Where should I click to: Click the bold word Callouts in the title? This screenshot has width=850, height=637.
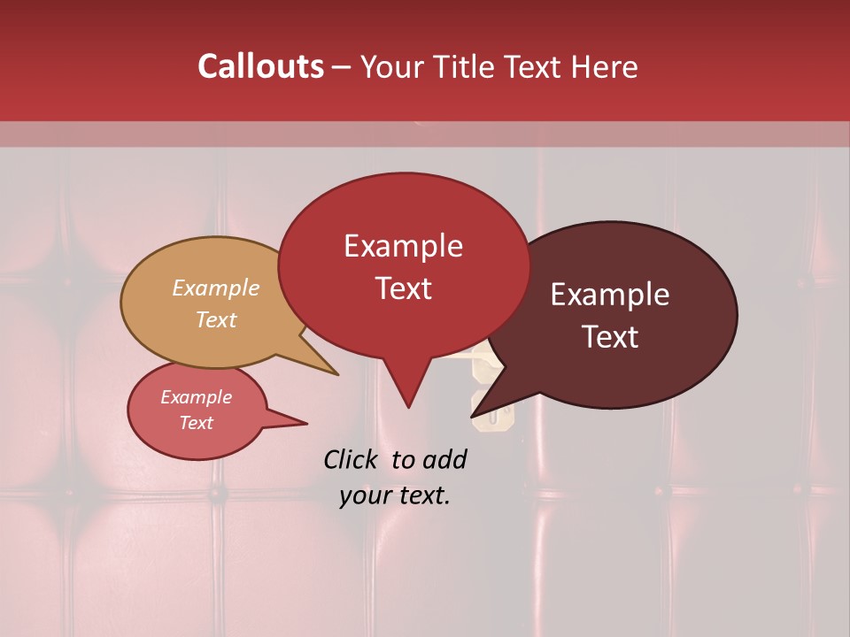point(260,66)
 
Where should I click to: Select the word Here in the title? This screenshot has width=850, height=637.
point(605,66)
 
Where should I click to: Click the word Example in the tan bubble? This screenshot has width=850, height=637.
point(215,288)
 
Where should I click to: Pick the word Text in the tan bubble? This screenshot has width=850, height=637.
point(216,319)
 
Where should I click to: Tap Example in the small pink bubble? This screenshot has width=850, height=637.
point(196,397)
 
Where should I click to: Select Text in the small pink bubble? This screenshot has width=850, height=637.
point(196,423)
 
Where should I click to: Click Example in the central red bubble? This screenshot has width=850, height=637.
point(403,246)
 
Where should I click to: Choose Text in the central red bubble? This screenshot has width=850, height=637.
point(403,288)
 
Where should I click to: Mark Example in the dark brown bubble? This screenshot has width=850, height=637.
point(610,295)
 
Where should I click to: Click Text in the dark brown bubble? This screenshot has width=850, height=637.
point(611,336)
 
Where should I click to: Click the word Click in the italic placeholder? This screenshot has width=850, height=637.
point(352,459)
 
